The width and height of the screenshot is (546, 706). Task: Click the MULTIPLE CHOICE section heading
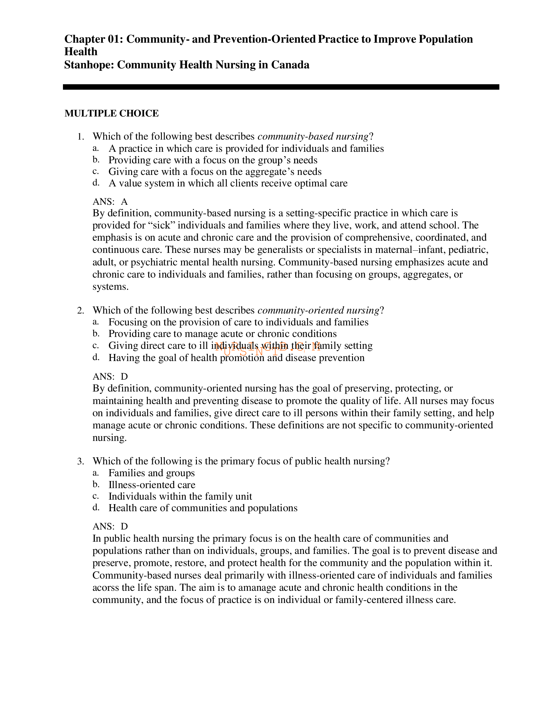111,114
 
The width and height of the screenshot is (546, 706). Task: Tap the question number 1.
81,137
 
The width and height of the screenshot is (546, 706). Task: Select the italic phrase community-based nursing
313,137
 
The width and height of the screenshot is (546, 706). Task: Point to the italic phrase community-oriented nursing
318,310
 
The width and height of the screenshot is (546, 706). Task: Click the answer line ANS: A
110,202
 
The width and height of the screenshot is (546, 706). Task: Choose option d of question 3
203,508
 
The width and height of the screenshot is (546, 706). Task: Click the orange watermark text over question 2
267,348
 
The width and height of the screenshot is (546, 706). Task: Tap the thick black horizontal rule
281,87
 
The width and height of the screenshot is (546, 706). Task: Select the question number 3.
81,461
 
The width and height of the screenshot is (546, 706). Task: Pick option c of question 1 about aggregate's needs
215,172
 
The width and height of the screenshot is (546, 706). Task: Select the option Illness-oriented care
152,485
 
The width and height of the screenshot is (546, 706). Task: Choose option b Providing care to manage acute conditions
222,334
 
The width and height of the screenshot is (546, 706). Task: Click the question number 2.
81,311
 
